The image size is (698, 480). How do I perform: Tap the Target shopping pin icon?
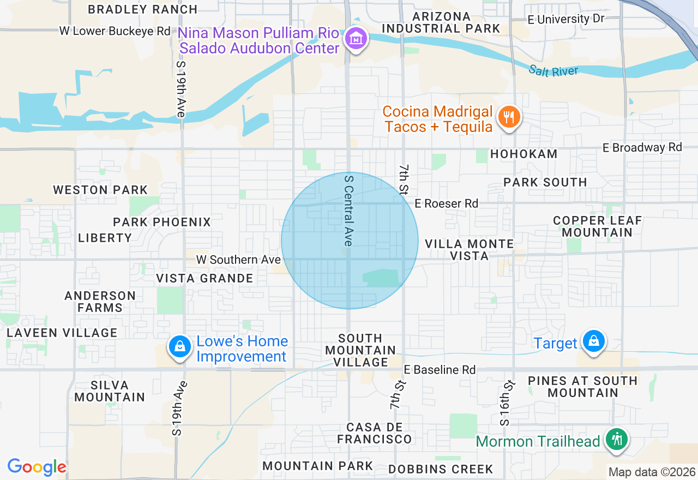click(x=593, y=342)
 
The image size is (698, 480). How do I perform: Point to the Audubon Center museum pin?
click(x=356, y=40)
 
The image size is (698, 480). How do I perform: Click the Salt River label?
click(x=553, y=71)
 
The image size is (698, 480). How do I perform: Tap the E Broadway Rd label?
click(x=642, y=148)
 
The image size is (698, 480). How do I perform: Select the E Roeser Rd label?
click(x=446, y=203)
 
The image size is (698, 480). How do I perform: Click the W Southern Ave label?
click(x=238, y=260)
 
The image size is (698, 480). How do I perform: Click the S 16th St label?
click(x=507, y=403)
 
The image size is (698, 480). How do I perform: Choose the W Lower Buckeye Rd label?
click(x=115, y=31)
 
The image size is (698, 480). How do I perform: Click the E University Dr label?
click(x=566, y=19)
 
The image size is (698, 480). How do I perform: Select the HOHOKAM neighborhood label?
click(x=523, y=154)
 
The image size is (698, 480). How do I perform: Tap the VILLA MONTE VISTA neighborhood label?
click(x=469, y=250)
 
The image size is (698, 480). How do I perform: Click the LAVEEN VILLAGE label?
click(x=62, y=333)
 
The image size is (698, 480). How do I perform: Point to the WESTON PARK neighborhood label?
click(x=100, y=190)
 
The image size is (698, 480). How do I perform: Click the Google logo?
click(x=37, y=467)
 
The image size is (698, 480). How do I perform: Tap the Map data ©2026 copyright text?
click(x=652, y=472)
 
